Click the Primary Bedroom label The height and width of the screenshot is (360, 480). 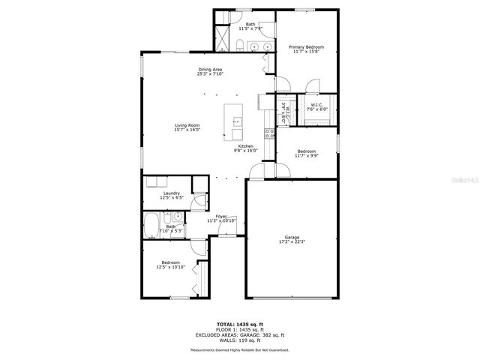(x=307, y=46)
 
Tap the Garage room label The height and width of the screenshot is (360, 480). (x=292, y=237)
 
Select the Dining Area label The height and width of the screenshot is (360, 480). (x=209, y=70)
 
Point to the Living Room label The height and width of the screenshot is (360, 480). (x=187, y=124)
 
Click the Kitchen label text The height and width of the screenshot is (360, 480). (x=246, y=145)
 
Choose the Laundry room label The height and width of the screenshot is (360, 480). (x=172, y=193)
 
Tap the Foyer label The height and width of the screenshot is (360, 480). (x=221, y=216)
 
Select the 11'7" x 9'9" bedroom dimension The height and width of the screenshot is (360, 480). (x=306, y=155)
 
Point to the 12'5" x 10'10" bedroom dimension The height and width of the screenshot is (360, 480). (x=171, y=267)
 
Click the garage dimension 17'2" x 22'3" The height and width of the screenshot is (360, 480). (x=292, y=241)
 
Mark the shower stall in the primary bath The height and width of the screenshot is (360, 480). (x=223, y=37)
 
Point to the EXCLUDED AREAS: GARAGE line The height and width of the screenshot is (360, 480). (x=239, y=334)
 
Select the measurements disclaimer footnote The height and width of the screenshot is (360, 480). (x=239, y=349)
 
